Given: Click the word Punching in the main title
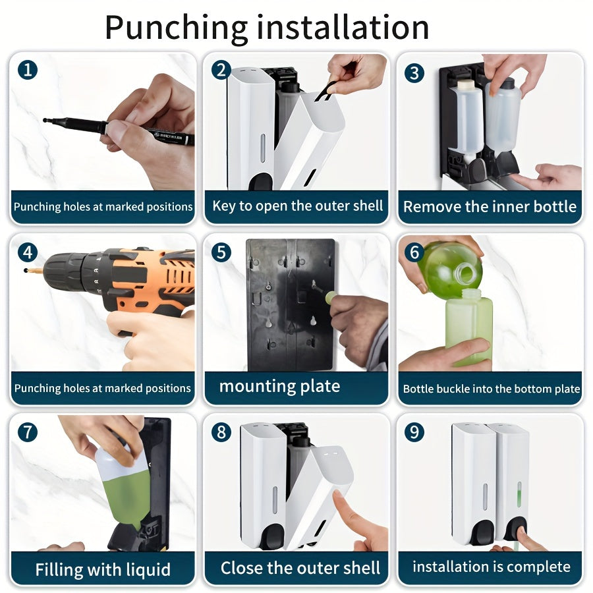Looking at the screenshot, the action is click(176, 28).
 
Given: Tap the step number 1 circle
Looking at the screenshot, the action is click(28, 70).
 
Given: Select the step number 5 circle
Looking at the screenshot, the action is click(221, 252).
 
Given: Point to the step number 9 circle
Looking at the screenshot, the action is click(414, 432).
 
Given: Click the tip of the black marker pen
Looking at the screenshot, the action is click(45, 121).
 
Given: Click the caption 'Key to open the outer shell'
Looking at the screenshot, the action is click(298, 206).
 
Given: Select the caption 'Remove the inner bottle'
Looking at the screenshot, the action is click(490, 207).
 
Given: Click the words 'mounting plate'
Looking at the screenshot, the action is click(279, 387).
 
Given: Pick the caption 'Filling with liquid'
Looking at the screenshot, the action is click(103, 569).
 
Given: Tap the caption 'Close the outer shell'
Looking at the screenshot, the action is click(300, 568).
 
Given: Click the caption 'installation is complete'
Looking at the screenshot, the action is click(492, 567).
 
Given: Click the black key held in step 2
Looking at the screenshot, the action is click(324, 92).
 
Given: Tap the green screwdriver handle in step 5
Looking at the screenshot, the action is click(331, 297).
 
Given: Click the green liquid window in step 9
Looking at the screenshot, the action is click(519, 494).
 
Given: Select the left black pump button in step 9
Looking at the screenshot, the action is click(482, 532).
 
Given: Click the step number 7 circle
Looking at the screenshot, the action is click(28, 432).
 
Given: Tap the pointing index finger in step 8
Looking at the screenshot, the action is click(343, 507).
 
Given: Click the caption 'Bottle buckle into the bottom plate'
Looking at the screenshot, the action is click(492, 389).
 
